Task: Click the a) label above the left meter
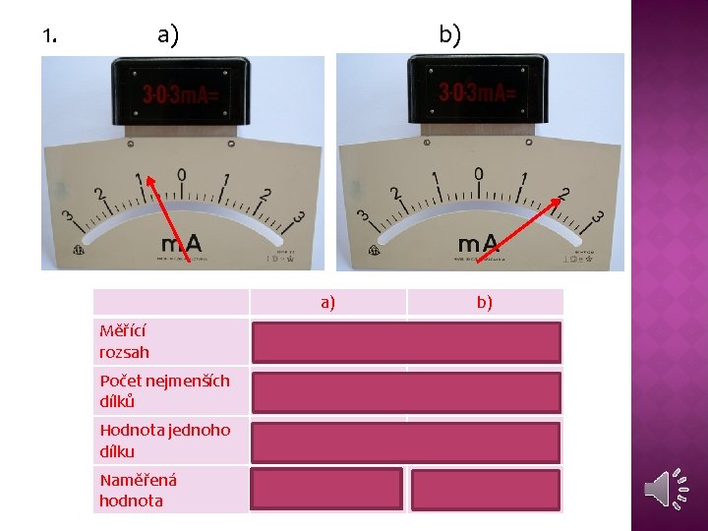tap(168, 36)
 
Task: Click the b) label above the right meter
tap(449, 35)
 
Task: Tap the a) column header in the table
tap(327, 302)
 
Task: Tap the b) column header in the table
tap(485, 302)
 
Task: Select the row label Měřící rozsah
tap(125, 342)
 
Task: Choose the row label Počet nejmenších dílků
tap(164, 391)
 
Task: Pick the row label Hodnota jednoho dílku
tap(164, 442)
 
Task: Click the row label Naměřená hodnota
tap(138, 490)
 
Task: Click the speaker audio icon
tap(664, 490)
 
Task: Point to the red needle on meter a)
tap(164, 220)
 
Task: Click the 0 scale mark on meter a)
tap(182, 175)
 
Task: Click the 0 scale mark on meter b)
tap(479, 174)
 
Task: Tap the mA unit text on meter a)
tap(183, 242)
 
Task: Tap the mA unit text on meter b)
tap(479, 243)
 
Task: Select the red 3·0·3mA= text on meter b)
tap(477, 94)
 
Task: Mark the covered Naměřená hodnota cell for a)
tap(327, 489)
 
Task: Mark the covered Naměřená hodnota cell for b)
tap(485, 489)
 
